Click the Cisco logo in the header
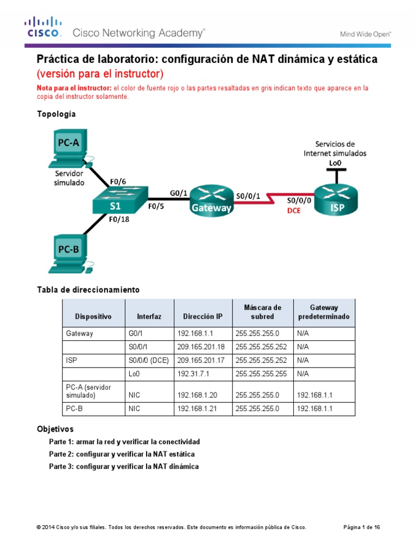click(44, 28)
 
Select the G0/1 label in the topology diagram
click(179, 192)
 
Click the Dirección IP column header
click(203, 316)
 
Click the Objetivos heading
click(55, 429)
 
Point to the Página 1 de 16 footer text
click(362, 527)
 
